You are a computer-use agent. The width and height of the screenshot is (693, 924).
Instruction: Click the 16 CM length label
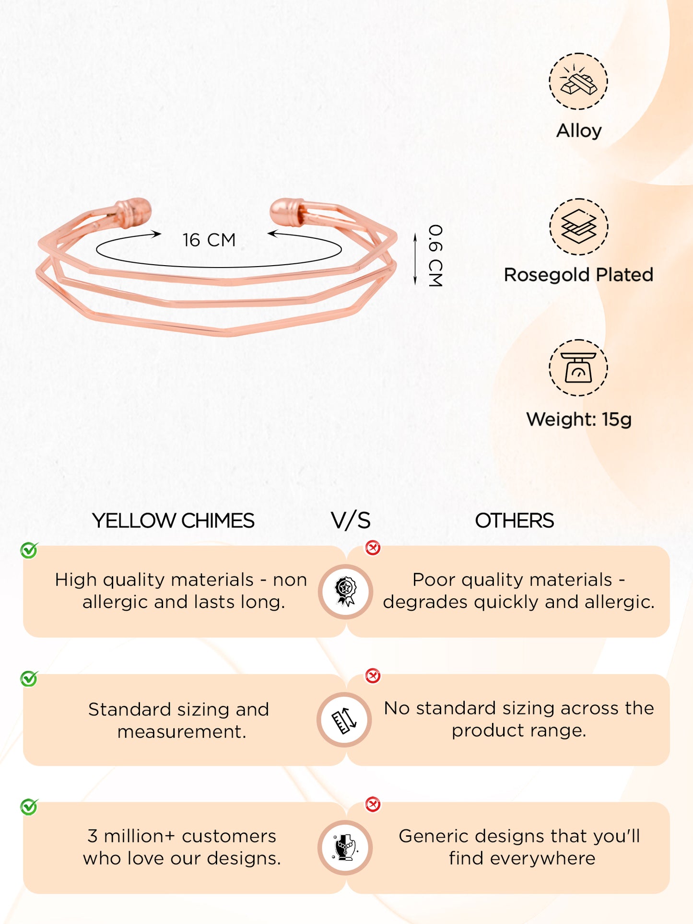click(x=209, y=240)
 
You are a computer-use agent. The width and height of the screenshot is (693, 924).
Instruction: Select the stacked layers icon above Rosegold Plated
click(x=578, y=227)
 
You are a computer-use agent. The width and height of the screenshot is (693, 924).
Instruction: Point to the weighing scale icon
click(x=578, y=368)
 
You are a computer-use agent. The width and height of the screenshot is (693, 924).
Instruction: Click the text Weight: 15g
click(x=579, y=420)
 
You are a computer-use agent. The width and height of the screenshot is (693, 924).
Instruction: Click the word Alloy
click(x=579, y=131)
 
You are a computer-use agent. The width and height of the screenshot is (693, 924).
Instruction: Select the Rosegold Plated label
click(x=578, y=275)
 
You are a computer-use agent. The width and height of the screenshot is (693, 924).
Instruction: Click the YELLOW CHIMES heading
click(x=173, y=521)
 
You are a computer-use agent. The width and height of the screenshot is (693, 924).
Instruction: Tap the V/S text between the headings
click(x=351, y=521)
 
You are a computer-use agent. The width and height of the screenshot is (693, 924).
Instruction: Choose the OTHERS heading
click(x=514, y=521)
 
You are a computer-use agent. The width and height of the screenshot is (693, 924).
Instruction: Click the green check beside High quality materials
click(x=29, y=550)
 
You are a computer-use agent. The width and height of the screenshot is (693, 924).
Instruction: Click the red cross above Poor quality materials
click(x=373, y=548)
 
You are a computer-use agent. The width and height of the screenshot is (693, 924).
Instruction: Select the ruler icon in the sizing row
click(x=344, y=720)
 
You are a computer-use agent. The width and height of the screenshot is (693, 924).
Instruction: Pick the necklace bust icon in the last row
click(x=345, y=848)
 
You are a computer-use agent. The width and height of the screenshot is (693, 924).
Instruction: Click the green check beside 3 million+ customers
click(x=29, y=807)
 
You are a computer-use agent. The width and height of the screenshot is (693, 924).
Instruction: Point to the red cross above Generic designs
click(x=373, y=804)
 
